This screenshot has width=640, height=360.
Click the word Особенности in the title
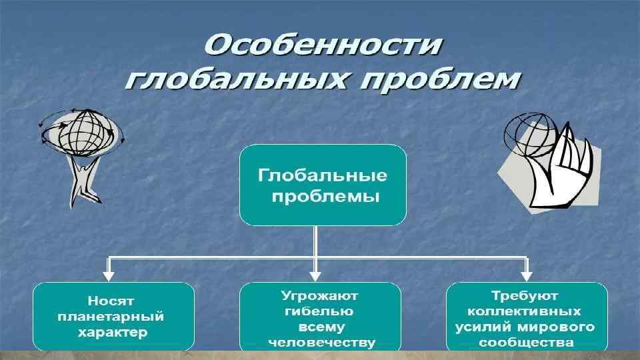pos(323,45)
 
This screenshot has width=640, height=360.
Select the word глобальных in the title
pos(233,80)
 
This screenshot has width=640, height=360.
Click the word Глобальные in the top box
pos(323,176)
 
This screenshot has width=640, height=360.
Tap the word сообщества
pos(527,343)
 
